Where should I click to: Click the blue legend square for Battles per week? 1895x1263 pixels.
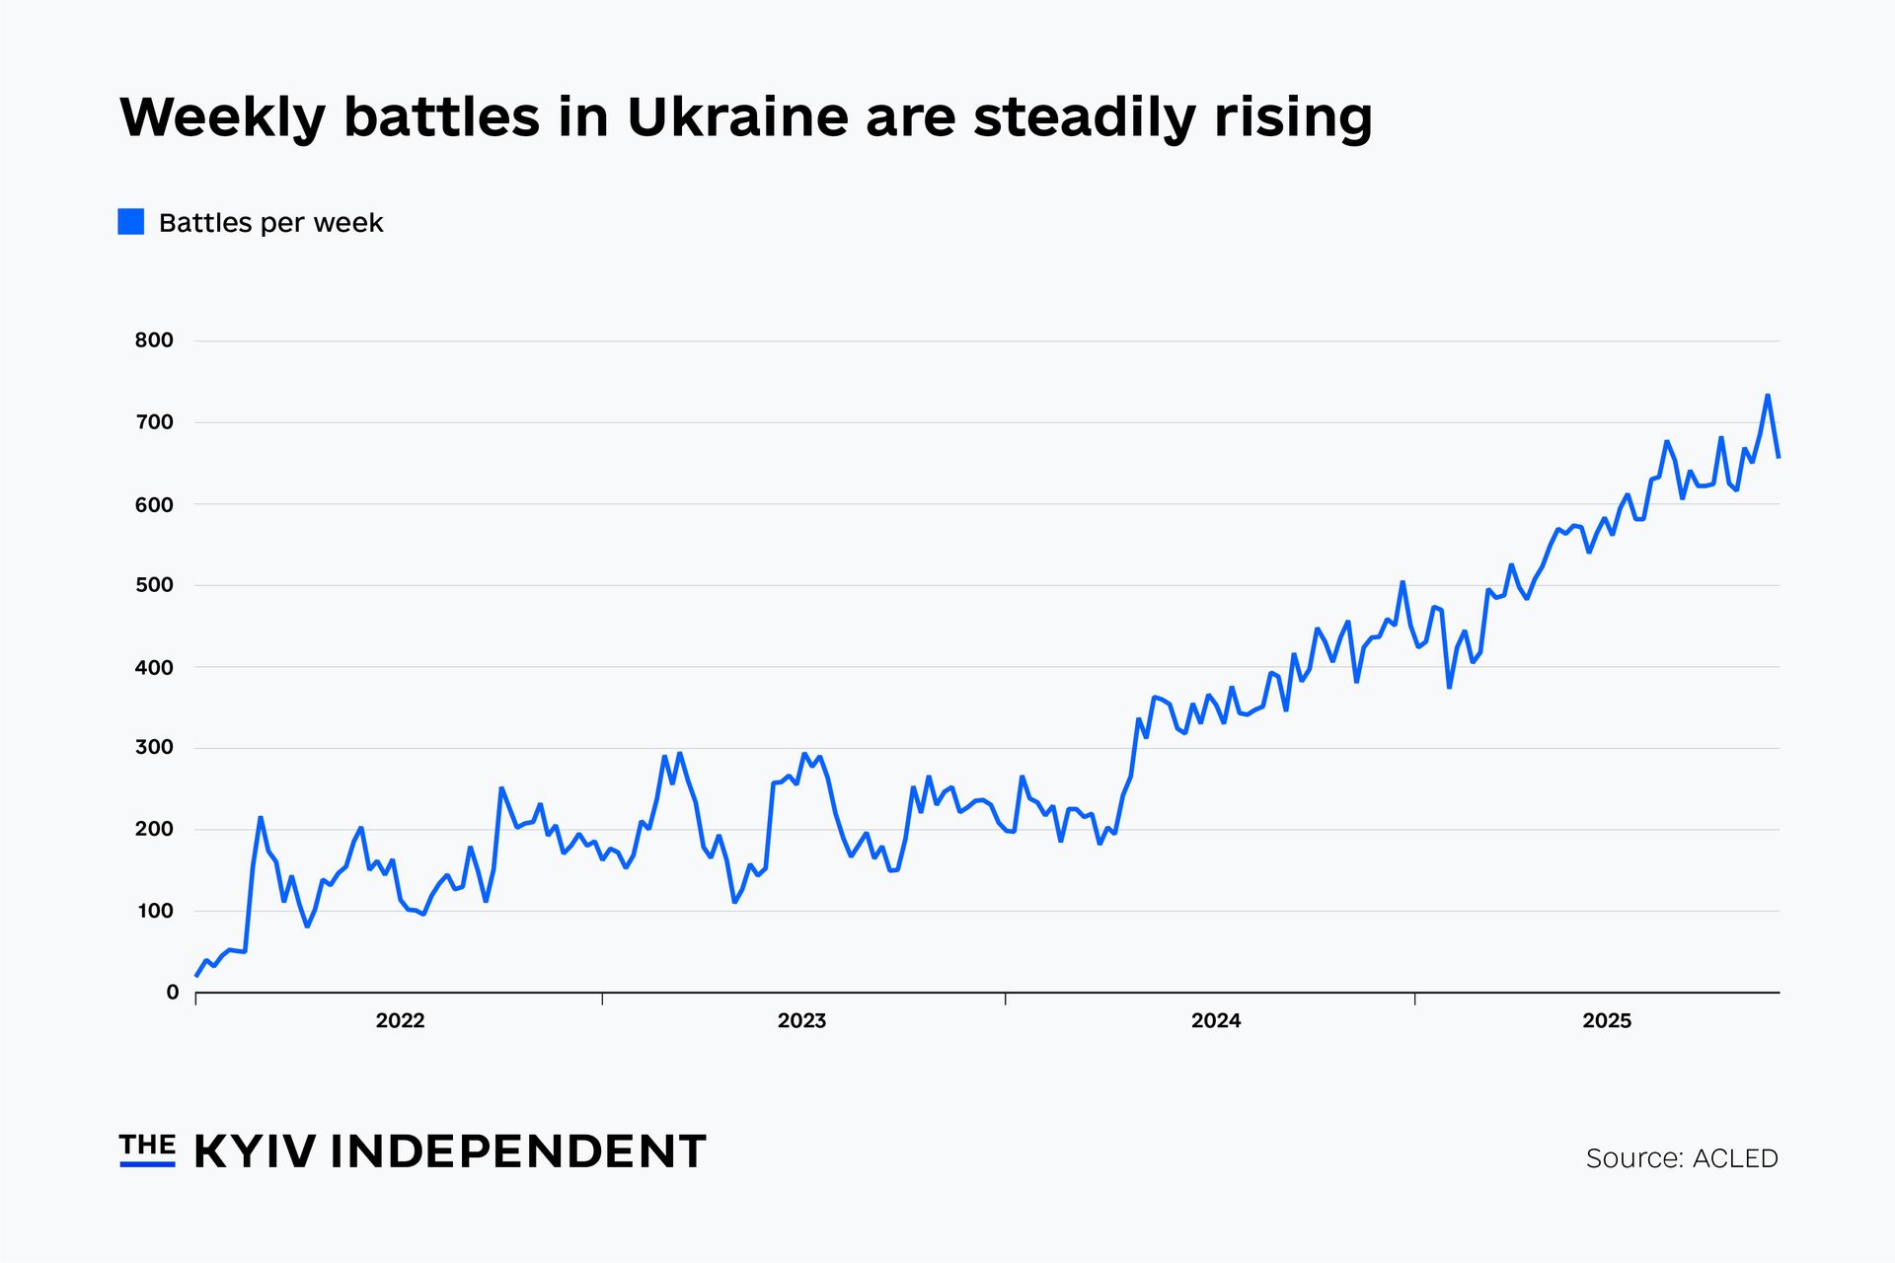point(131,222)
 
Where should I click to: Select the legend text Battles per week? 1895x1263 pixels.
point(270,223)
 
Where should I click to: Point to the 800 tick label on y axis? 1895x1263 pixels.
point(154,340)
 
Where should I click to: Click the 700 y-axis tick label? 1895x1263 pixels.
point(154,422)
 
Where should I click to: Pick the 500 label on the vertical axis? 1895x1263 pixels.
point(154,585)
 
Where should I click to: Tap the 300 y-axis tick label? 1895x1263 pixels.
point(154,748)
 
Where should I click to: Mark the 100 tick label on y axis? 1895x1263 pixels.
point(155,911)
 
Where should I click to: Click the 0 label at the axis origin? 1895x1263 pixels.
point(173,993)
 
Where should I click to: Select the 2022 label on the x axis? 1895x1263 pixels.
point(400,1021)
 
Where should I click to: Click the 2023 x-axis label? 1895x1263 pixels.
point(801,1021)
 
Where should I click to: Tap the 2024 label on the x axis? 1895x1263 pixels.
point(1215,1021)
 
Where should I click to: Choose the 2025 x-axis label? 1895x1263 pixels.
point(1606,1021)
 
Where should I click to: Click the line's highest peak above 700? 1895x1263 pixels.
point(1767,396)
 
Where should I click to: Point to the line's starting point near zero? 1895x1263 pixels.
point(196,976)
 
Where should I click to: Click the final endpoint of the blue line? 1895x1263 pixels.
point(1779,457)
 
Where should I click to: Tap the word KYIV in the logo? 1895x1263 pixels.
point(255,1152)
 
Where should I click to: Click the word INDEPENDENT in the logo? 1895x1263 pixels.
point(517,1152)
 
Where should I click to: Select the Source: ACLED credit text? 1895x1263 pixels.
point(1681,1158)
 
